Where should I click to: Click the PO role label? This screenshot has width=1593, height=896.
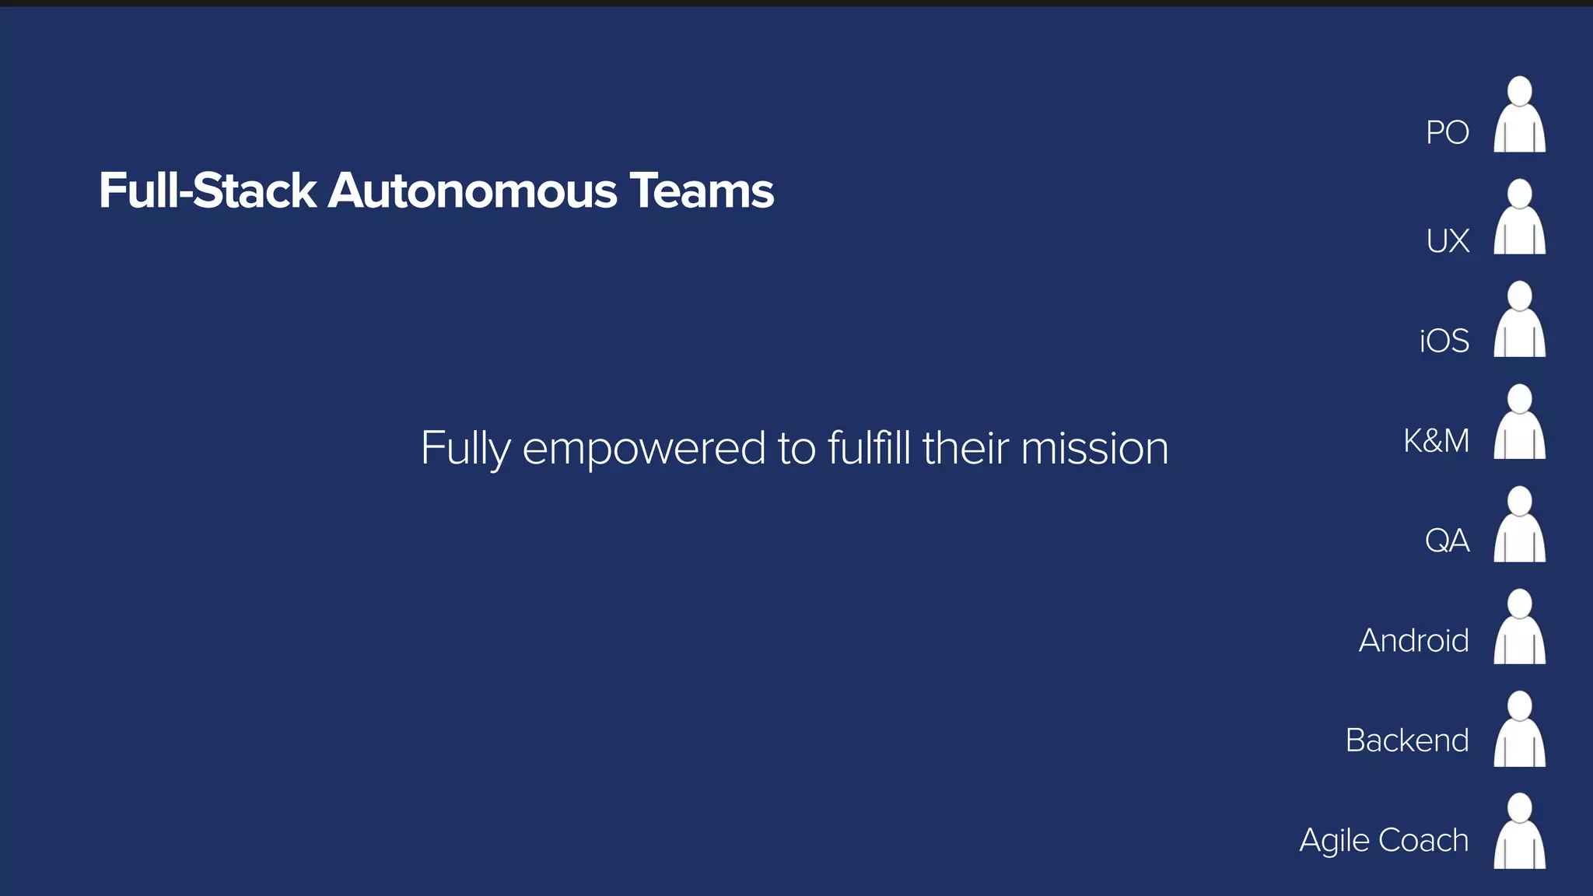pos(1447,133)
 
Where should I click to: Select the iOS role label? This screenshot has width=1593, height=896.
pos(1444,341)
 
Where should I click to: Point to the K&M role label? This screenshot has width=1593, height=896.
pos(1436,441)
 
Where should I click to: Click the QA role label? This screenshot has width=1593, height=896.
pos(1447,541)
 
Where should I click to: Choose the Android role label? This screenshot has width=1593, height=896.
pos(1413,641)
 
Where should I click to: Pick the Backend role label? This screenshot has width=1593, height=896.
pos(1406,740)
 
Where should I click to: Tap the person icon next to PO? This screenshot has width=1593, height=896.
pos(1519,114)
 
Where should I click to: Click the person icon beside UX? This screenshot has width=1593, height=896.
pos(1519,217)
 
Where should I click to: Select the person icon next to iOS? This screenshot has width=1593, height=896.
pos(1519,320)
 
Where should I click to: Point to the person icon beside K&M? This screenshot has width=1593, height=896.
pos(1519,422)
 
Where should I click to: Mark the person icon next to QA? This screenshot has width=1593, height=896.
pos(1519,525)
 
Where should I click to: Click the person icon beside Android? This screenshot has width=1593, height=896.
pos(1519,627)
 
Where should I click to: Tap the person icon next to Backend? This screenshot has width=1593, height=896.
pos(1519,730)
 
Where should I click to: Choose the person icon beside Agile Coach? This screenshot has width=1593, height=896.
pos(1519,831)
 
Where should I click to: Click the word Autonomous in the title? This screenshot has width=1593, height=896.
pos(472,191)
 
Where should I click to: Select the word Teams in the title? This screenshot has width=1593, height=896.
pos(702,191)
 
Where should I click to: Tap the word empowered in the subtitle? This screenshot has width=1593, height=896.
pos(644,450)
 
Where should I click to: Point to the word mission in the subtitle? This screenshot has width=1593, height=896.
pos(1094,450)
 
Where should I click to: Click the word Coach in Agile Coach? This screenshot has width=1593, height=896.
pos(1423,841)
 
